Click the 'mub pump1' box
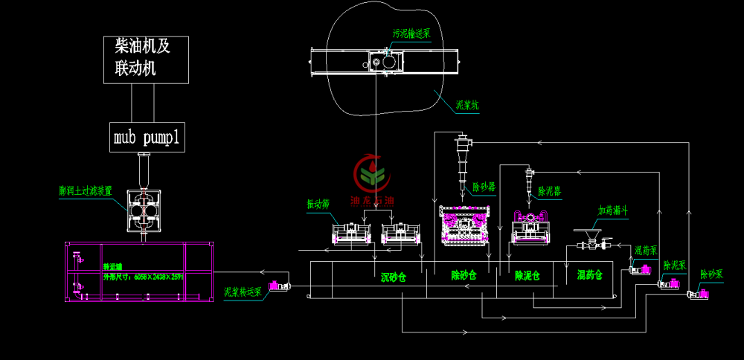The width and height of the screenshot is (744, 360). (147, 137)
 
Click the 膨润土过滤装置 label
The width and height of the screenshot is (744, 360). (86, 190)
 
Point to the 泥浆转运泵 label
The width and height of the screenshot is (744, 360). (243, 292)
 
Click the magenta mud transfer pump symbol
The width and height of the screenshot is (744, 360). (279, 286)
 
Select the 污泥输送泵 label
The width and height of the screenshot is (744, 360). (411, 33)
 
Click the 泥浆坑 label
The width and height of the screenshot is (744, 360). (466, 106)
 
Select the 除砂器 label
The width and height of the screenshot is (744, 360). (484, 187)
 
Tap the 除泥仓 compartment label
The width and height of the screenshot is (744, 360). (527, 275)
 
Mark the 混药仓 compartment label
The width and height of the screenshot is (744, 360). (589, 275)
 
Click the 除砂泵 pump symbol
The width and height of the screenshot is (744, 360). (699, 295)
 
